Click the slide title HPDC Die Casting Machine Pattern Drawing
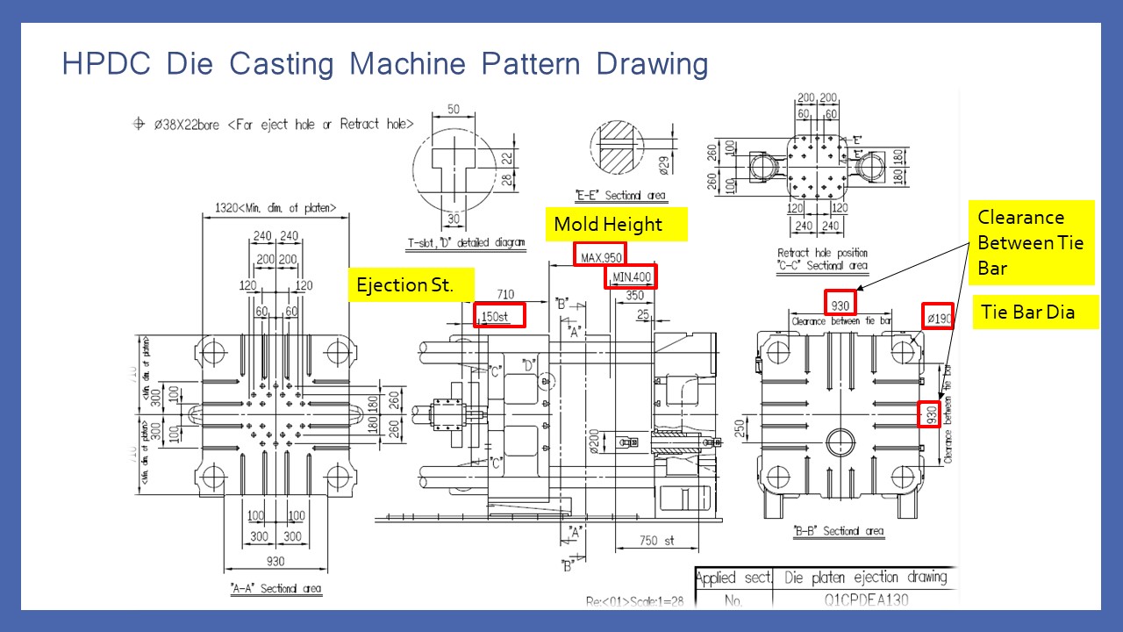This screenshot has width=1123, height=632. [384, 65]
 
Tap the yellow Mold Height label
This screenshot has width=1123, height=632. [608, 225]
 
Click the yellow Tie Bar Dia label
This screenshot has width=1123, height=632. [1025, 312]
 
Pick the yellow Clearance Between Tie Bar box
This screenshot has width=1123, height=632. [1031, 242]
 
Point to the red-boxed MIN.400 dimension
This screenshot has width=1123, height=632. [631, 277]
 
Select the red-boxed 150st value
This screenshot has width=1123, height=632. [499, 315]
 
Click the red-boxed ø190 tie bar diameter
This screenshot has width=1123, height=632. [937, 317]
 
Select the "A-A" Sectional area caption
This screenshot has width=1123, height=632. [275, 588]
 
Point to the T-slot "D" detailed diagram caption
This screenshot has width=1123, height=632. [466, 243]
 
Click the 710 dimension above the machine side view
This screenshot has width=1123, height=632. [505, 295]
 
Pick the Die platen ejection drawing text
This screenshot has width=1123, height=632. [865, 577]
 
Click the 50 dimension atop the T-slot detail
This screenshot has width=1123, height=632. [453, 108]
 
